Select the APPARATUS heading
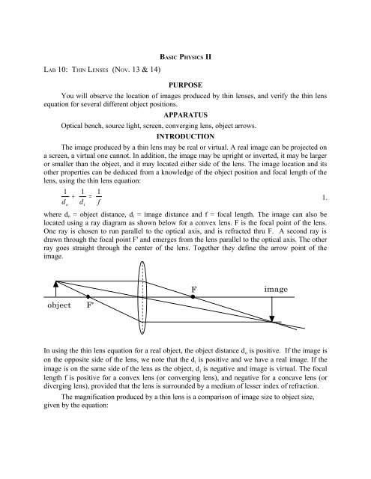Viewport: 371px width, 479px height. [x=185, y=116]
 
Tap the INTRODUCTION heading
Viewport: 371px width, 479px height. [x=185, y=138]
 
